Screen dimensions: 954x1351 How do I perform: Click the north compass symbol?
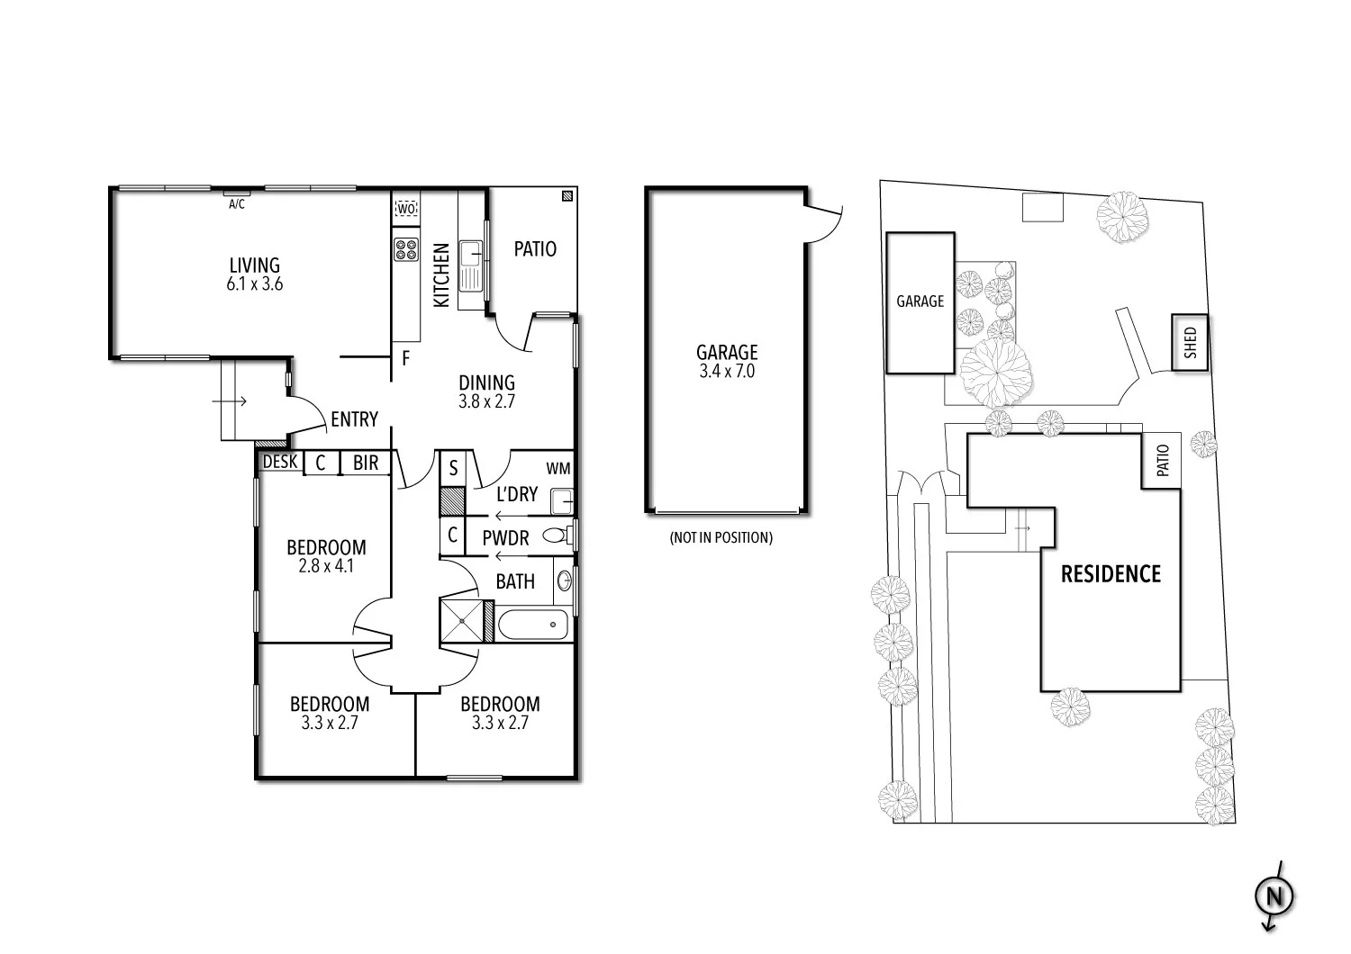pos(1274,896)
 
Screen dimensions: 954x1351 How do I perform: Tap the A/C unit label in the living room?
pos(237,204)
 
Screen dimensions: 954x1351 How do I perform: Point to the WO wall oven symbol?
pos(406,209)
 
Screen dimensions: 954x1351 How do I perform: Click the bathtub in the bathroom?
pos(533,625)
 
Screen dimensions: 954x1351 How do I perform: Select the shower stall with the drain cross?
pos(462,621)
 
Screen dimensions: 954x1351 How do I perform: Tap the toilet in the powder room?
pos(557,536)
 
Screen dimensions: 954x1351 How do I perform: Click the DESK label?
pos(280,463)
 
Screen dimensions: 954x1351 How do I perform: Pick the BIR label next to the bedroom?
pos(366,463)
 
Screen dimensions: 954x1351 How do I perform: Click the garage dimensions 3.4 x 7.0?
pos(727,371)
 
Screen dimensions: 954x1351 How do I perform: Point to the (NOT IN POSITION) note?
pos(721,538)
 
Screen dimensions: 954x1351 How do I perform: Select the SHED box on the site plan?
pos(1190,343)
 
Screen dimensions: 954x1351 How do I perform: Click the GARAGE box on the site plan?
pos(920,301)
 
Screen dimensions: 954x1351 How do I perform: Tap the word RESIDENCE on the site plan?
pos(1111,574)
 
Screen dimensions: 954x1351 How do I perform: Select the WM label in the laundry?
pos(558,469)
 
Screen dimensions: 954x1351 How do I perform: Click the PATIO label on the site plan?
pos(1162,462)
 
